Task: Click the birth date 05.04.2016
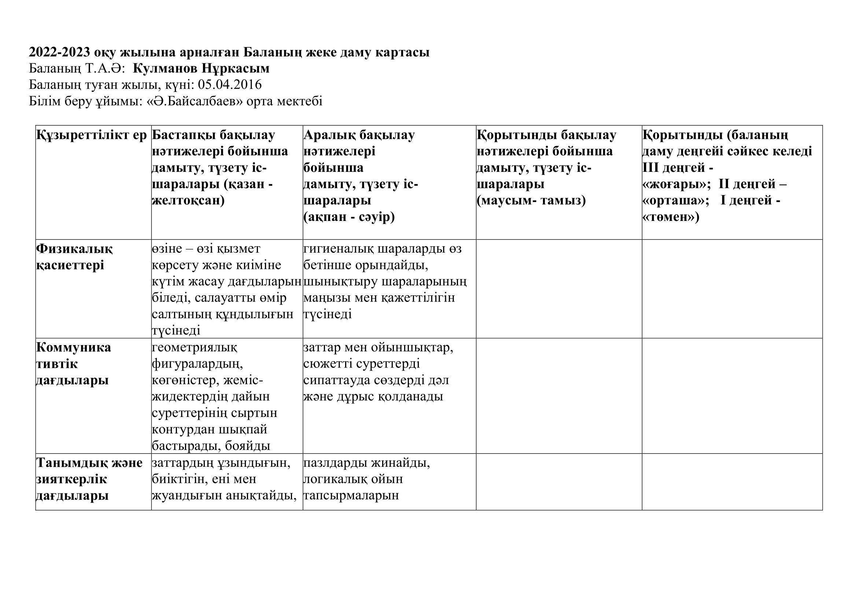230,85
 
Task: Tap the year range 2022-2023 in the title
60,52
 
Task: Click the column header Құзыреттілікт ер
92,135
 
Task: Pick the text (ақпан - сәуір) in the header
349,217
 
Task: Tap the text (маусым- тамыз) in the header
531,200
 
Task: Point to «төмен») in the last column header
671,217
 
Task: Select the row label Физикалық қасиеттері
74,257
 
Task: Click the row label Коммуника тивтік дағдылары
73,363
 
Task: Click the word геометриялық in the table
195,347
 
